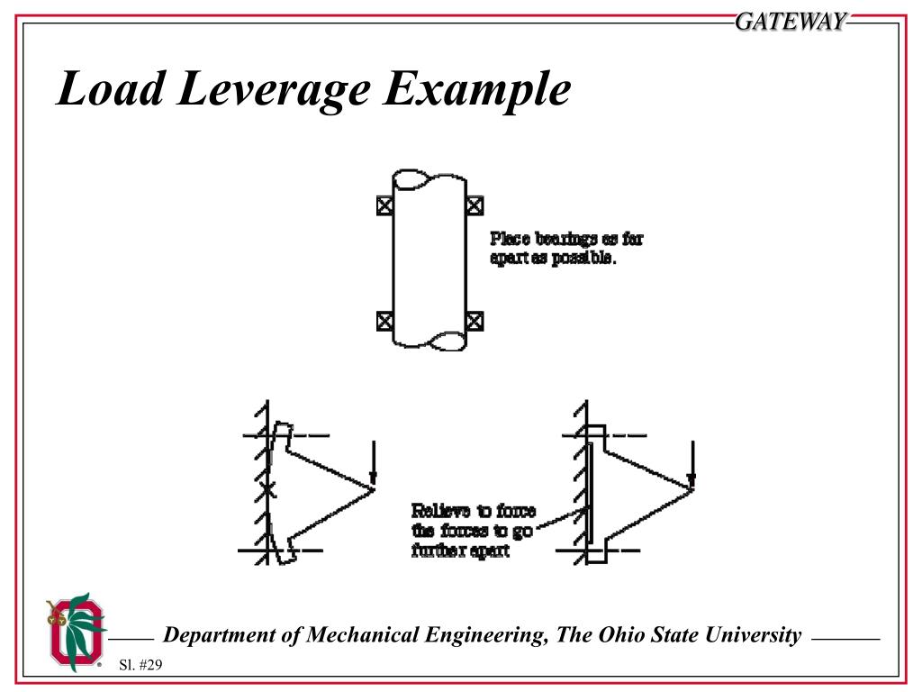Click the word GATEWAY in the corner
[x=791, y=22]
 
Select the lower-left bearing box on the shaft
[x=384, y=320]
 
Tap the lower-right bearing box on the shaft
[x=475, y=320]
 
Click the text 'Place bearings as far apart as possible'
[x=566, y=248]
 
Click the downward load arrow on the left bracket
[x=374, y=460]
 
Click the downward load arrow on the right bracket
[x=691, y=460]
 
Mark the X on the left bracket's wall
[x=267, y=491]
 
